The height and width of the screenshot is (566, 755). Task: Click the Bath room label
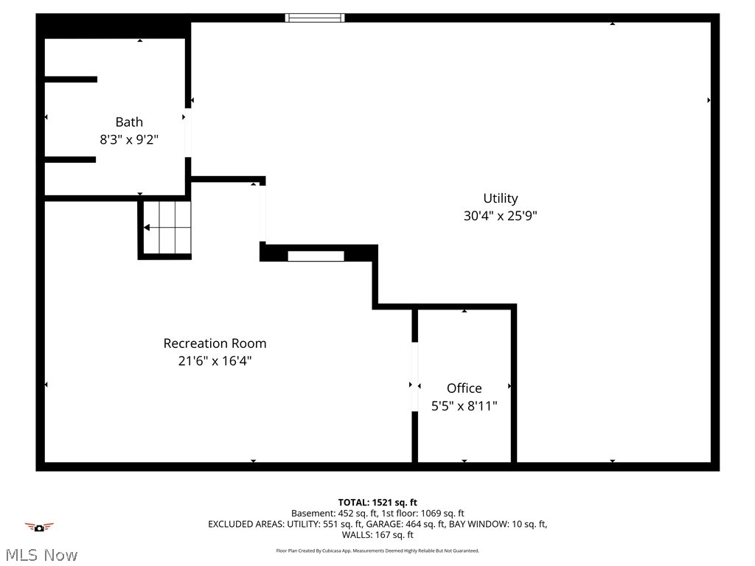pos(129,122)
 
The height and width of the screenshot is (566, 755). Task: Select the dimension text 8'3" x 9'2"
pos(129,139)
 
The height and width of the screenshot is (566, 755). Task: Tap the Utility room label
pos(501,198)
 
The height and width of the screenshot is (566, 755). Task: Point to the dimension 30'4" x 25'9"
pos(501,217)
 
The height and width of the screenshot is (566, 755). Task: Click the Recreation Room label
pos(215,343)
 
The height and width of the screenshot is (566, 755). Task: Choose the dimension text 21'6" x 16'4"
pos(215,361)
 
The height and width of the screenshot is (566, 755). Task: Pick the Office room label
pos(465,388)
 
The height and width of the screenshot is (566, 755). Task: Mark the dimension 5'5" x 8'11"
pos(465,406)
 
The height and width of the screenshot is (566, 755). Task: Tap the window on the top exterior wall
pos(315,18)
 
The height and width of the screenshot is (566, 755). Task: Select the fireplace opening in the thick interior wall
pos(316,256)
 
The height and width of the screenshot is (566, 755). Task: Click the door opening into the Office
pos(414,377)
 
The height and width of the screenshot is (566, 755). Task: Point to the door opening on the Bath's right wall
pos(188,133)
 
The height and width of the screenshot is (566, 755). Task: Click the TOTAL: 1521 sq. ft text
pos(377,503)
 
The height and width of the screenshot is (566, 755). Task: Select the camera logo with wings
pos(39,527)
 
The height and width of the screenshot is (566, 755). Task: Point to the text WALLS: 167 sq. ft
pos(377,535)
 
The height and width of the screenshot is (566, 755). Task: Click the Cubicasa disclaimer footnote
pos(377,551)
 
